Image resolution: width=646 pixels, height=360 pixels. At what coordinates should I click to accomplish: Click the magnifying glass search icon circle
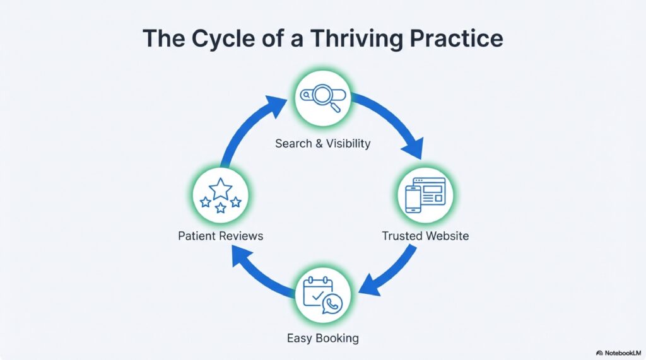click(322, 99)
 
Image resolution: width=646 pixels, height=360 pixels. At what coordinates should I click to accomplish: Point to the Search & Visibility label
click(322, 143)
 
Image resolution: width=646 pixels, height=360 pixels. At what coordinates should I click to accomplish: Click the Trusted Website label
click(425, 236)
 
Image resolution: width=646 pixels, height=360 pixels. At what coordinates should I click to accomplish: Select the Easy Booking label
click(322, 338)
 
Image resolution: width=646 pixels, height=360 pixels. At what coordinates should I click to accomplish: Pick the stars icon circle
click(220, 195)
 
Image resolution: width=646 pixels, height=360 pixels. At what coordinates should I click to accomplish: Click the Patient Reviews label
click(220, 236)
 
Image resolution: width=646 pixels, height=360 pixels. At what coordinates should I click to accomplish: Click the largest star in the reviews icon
click(220, 188)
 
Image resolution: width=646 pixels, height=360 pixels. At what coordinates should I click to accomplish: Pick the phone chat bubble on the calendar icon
click(331, 303)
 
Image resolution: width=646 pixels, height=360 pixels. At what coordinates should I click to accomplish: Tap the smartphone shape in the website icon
click(413, 200)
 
